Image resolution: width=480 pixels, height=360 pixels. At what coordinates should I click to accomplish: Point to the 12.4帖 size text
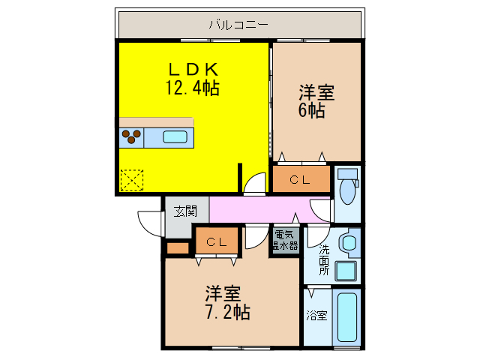pyautogui.click(x=192, y=88)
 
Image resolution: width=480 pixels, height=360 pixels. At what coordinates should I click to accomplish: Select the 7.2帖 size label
pyautogui.click(x=227, y=310)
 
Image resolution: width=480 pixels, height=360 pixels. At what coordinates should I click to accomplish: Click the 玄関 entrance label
pyautogui.click(x=185, y=211)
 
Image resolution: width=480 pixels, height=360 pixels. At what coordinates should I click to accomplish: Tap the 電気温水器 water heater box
pyautogui.click(x=285, y=240)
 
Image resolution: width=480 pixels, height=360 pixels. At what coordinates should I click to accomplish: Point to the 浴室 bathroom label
pyautogui.click(x=316, y=316)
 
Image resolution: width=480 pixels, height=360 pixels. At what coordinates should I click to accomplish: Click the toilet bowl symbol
pyautogui.click(x=348, y=191)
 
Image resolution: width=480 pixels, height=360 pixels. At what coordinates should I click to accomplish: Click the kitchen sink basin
pyautogui.click(x=175, y=137)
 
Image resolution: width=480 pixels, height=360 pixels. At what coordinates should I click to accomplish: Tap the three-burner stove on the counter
pyautogui.click(x=131, y=137)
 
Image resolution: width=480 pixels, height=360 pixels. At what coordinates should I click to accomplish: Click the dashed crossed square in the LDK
pyautogui.click(x=131, y=180)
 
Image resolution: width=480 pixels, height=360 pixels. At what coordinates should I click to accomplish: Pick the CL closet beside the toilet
pyautogui.click(x=301, y=180)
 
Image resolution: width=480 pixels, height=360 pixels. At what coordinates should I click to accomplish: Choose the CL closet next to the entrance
pyautogui.click(x=217, y=241)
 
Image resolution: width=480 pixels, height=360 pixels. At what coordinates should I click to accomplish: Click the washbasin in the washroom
pyautogui.click(x=348, y=243)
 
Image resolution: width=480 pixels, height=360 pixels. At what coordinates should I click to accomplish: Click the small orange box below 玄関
pyautogui.click(x=178, y=248)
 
